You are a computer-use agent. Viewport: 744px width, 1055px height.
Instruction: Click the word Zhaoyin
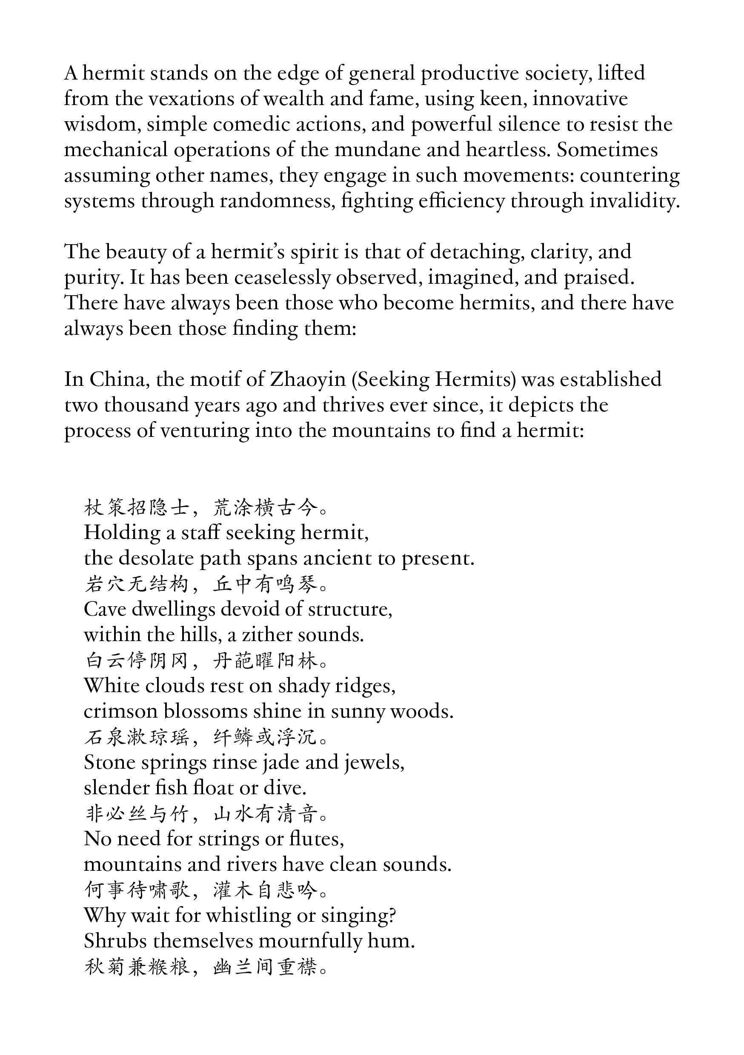coord(307,379)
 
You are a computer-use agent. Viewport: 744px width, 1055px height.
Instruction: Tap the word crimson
coord(120,711)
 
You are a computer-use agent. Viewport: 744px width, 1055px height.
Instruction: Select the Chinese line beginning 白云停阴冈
coord(206,661)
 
